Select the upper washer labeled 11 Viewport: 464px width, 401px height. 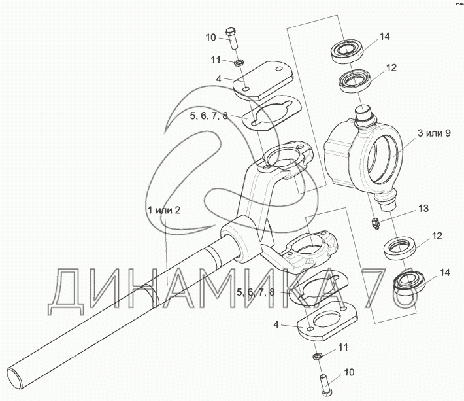tap(240, 62)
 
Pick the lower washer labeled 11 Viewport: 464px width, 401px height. tap(316, 356)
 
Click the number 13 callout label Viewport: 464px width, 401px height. tap(423, 209)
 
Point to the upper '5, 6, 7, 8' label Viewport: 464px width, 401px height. tap(208, 116)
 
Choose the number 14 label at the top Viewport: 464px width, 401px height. tap(384, 37)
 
